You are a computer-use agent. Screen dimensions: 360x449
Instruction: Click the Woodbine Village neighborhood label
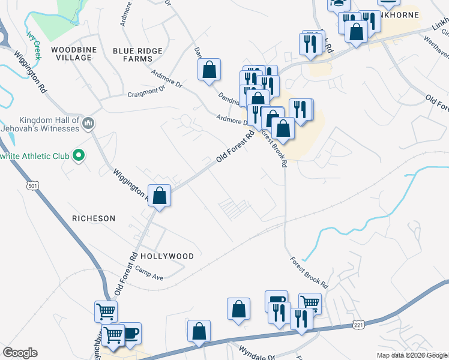pyautogui.click(x=71, y=53)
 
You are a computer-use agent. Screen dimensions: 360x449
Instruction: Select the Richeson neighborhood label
pyautogui.click(x=93, y=218)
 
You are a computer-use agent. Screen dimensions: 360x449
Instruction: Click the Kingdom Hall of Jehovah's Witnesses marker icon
pyautogui.click(x=88, y=124)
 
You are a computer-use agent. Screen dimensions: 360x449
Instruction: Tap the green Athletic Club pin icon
pyautogui.click(x=78, y=156)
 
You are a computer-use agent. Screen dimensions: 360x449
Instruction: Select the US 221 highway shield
pyautogui.click(x=358, y=325)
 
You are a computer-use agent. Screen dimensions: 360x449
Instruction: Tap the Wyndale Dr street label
pyautogui.click(x=256, y=350)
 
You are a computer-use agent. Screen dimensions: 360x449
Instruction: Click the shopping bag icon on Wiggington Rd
pyautogui.click(x=160, y=196)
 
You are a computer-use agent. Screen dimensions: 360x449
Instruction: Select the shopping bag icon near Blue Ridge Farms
pyautogui.click(x=209, y=70)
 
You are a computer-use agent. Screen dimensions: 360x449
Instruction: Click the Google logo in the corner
pyautogui.click(x=20, y=353)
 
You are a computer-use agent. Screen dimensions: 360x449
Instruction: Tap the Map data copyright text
pyautogui.click(x=412, y=355)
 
